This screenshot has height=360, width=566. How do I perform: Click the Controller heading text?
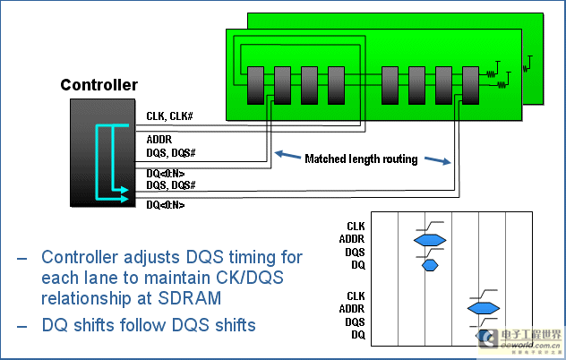(99, 85)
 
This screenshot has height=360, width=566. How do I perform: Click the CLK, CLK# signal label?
(169, 116)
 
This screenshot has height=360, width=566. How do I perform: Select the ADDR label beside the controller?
(159, 140)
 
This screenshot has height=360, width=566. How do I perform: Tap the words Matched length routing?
(361, 159)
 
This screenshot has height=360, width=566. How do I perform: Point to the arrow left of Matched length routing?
(287, 155)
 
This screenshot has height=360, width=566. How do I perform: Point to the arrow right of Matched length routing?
(438, 160)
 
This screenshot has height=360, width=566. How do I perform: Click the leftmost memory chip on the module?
(255, 86)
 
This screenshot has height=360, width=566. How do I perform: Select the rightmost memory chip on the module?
(470, 86)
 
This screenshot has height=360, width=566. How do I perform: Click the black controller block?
(102, 153)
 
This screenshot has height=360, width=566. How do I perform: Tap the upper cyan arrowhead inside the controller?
(124, 190)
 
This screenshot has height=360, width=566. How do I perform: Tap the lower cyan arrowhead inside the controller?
(124, 199)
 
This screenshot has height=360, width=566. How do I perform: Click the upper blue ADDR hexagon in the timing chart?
(430, 240)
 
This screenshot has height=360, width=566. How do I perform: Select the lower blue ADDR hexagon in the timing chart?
(484, 308)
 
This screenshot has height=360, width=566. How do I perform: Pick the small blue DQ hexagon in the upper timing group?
(430, 265)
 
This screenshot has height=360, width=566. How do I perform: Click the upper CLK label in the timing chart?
(356, 227)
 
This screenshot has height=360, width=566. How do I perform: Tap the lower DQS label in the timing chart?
(355, 322)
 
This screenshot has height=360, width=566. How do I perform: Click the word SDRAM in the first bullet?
(189, 298)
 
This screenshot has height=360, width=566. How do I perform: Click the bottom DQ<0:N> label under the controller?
(166, 205)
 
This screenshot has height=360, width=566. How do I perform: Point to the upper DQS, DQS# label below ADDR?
(171, 153)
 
